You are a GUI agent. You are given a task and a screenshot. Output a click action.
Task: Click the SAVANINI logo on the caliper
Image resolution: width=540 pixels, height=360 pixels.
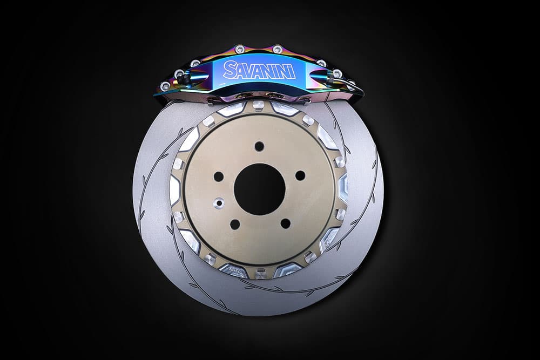[259, 70]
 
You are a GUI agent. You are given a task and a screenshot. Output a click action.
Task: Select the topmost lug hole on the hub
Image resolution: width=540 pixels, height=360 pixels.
[259, 146]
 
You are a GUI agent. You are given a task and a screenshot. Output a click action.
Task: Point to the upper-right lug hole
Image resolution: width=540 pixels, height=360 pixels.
[300, 175]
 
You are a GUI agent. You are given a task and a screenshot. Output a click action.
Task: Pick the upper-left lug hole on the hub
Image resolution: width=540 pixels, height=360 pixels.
[218, 177]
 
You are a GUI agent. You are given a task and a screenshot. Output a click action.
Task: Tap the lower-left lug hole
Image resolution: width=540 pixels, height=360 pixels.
[235, 225]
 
